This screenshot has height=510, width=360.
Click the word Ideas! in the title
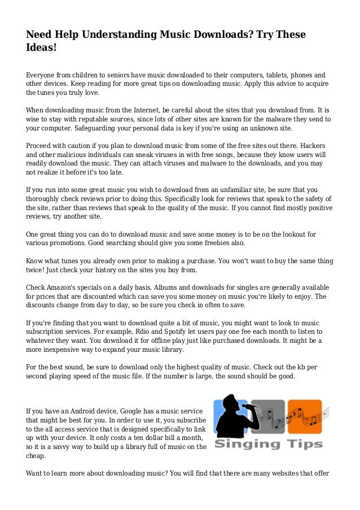(41, 49)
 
